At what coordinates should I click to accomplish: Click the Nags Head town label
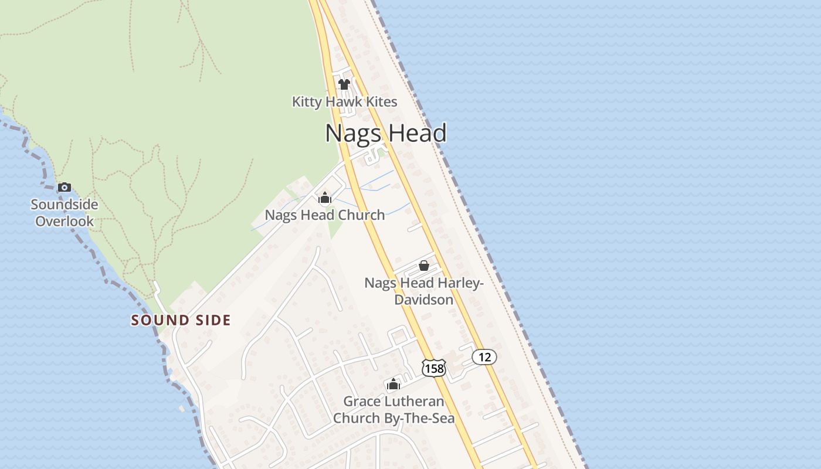click(x=386, y=133)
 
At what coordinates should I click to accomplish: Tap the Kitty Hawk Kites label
click(x=345, y=102)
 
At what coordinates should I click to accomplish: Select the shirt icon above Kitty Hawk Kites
click(x=344, y=84)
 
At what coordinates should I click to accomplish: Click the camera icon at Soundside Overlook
click(x=65, y=188)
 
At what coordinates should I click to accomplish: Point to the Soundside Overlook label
click(x=65, y=213)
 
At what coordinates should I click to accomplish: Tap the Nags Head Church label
click(x=325, y=215)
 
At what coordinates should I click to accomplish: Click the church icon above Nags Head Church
click(x=325, y=198)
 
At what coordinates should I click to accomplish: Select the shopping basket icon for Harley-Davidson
click(x=424, y=266)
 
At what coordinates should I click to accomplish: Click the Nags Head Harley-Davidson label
click(x=424, y=291)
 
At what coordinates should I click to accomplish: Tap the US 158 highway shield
click(x=434, y=368)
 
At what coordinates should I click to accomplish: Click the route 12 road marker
click(x=484, y=357)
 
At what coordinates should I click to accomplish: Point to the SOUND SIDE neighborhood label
click(x=181, y=320)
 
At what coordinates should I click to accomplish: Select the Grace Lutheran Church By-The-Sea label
click(x=393, y=410)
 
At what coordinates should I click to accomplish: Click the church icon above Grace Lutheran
click(x=393, y=385)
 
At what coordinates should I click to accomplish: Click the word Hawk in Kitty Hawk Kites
click(x=344, y=102)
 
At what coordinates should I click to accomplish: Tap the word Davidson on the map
click(x=423, y=300)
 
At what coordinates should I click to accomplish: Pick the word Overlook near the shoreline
click(x=65, y=221)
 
